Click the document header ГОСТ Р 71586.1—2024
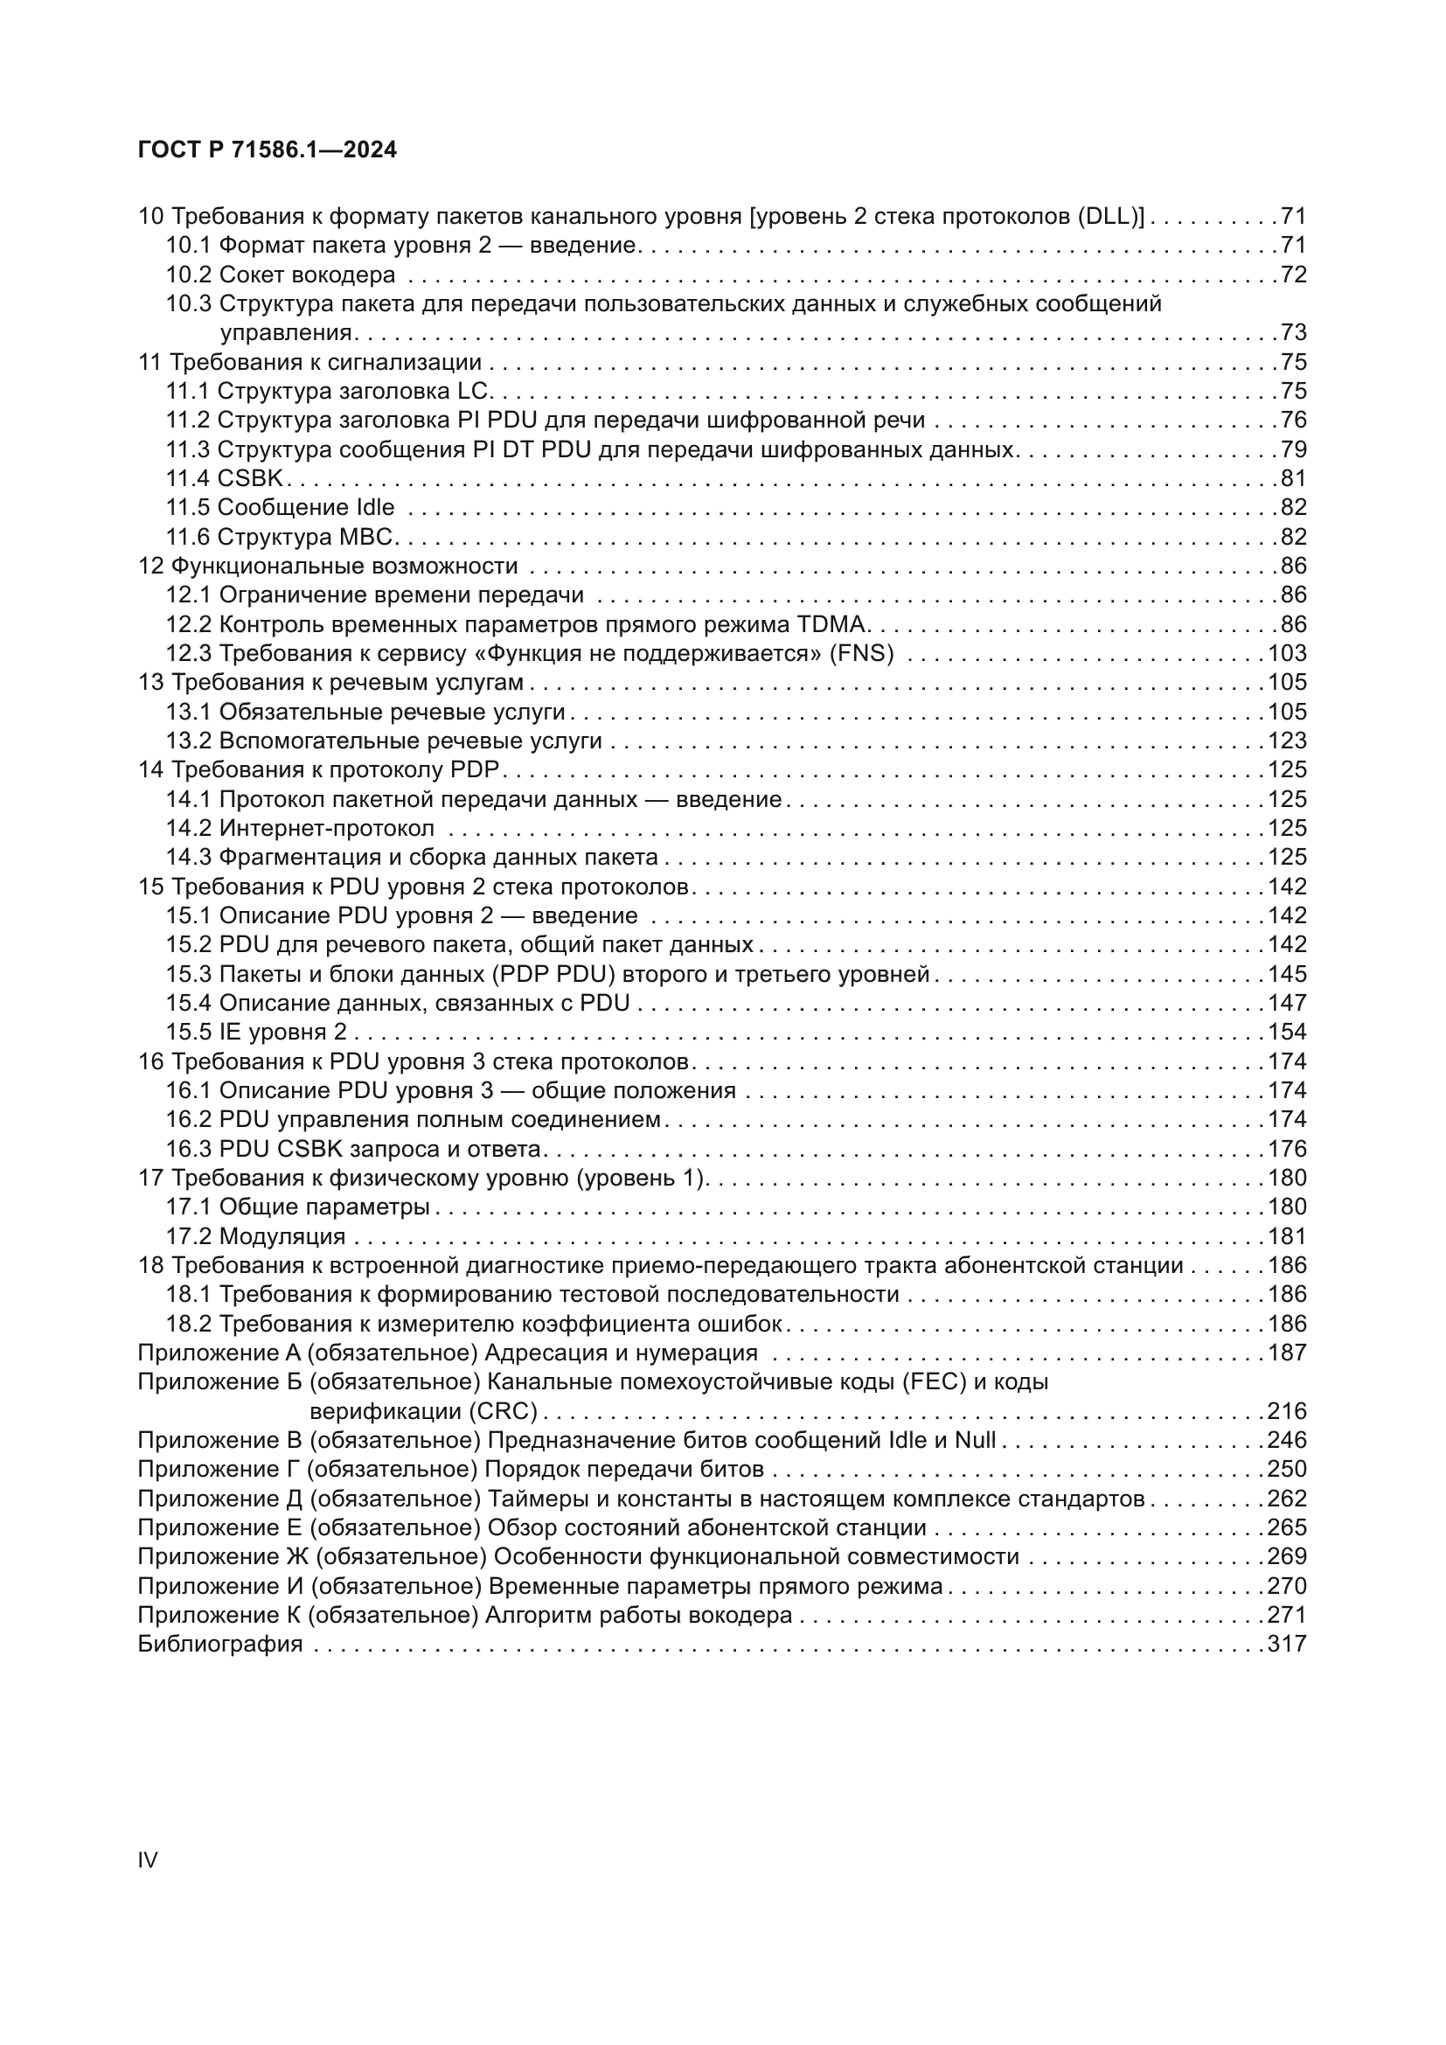[x=268, y=150]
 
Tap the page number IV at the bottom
[x=148, y=1859]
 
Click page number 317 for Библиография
[x=1287, y=1645]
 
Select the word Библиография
[x=220, y=1645]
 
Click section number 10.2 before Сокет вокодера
[x=188, y=275]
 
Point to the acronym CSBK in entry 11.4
[x=250, y=478]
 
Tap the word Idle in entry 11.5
[x=375, y=508]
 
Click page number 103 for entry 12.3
[x=1287, y=653]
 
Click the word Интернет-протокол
[x=327, y=828]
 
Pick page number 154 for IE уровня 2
[x=1287, y=1033]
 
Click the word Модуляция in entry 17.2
[x=282, y=1236]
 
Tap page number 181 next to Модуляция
[x=1287, y=1236]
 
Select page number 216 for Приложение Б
[x=1287, y=1412]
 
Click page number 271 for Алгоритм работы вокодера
[x=1287, y=1615]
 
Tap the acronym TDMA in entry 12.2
[x=835, y=623]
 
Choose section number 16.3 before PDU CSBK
[x=188, y=1149]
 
